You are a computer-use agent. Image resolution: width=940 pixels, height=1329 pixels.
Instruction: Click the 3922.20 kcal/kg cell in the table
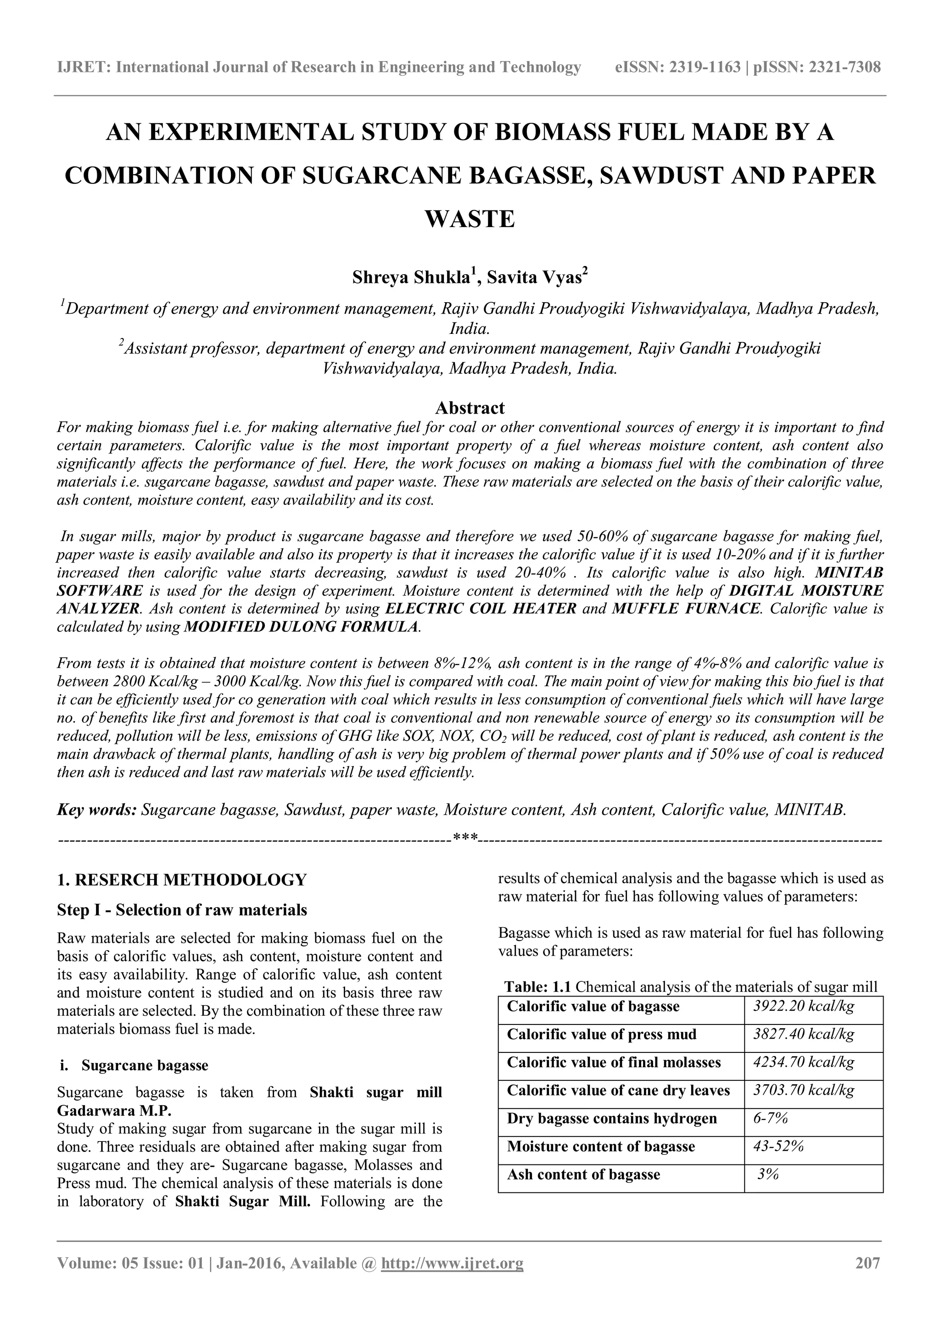click(803, 1006)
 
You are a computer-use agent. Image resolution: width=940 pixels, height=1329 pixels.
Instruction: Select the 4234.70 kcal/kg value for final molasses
click(803, 1062)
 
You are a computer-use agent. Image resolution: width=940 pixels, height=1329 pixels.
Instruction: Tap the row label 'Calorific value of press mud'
click(601, 1035)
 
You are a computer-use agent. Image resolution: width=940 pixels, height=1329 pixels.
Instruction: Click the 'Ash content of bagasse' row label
click(583, 1174)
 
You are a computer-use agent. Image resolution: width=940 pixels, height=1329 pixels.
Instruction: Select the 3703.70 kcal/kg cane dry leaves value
click(803, 1091)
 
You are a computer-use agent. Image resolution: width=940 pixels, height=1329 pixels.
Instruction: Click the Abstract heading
click(470, 408)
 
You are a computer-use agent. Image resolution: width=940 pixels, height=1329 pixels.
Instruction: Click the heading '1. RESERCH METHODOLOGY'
click(181, 880)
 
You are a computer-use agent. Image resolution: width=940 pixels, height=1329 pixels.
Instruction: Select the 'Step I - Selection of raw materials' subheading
click(182, 910)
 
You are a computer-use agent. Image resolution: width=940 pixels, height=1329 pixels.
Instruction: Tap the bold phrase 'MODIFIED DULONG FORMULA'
click(301, 627)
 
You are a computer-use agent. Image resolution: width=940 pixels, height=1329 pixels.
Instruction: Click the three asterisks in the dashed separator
click(465, 837)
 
